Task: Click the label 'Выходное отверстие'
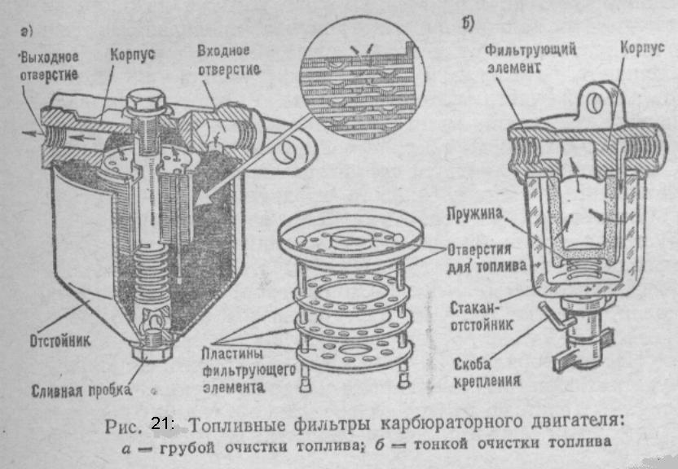tap(51, 65)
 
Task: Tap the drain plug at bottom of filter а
tap(152, 357)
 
